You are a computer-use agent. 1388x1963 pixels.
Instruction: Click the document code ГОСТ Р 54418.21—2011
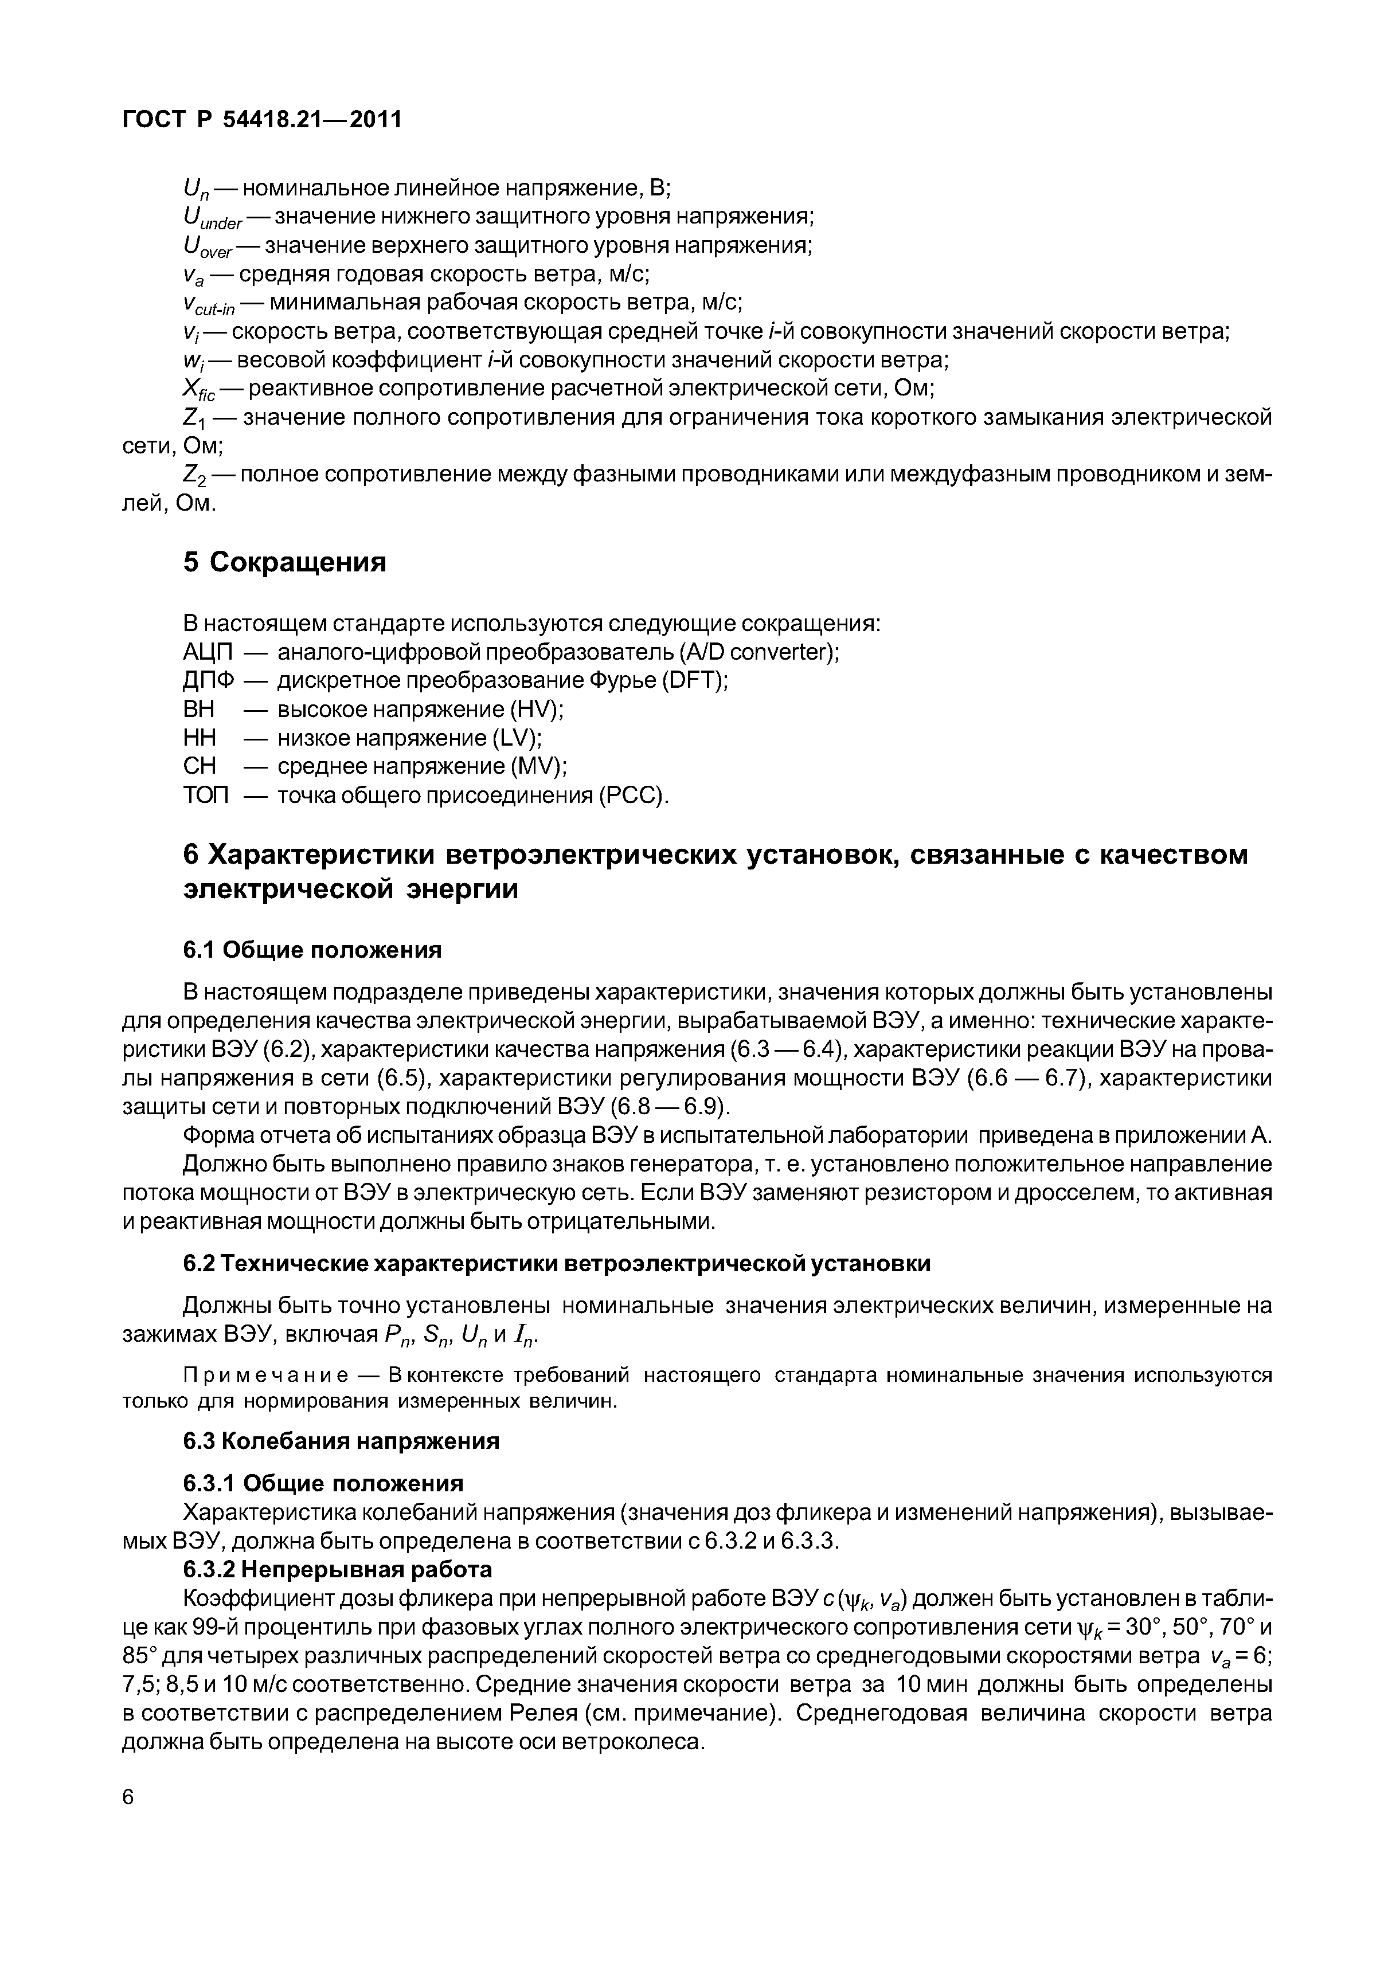(x=261, y=120)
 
